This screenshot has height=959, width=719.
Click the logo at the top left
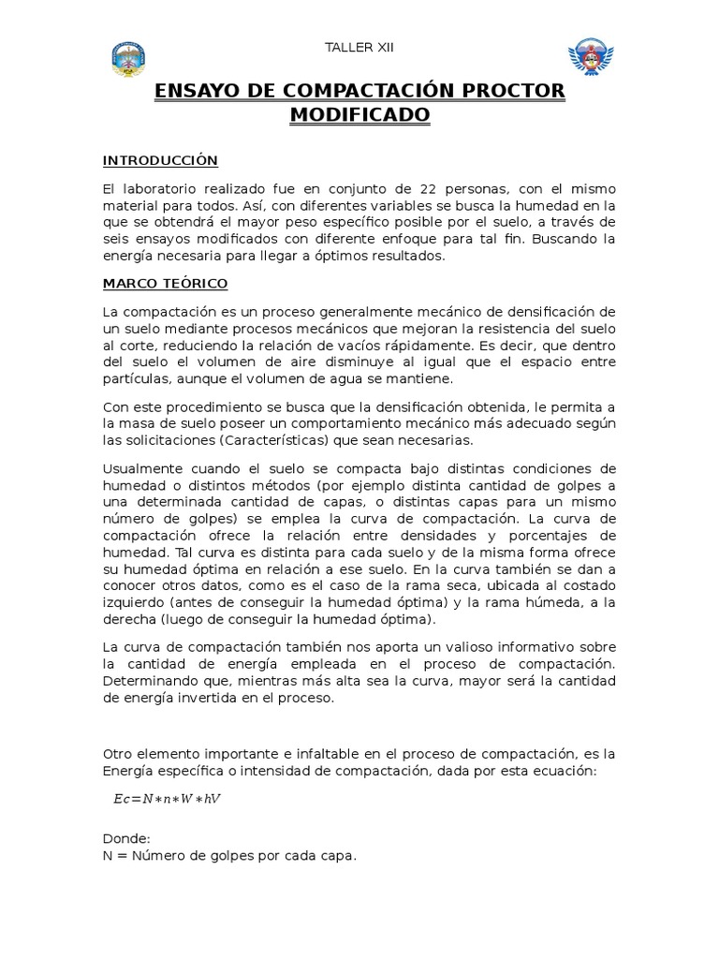(128, 58)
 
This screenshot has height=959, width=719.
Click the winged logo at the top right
(590, 57)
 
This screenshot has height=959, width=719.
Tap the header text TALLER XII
(359, 48)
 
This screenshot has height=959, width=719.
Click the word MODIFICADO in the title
(359, 114)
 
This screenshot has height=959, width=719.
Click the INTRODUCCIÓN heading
(160, 161)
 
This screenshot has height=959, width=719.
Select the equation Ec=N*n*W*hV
(167, 799)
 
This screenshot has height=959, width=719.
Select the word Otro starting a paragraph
(117, 754)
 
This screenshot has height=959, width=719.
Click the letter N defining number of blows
(109, 856)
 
